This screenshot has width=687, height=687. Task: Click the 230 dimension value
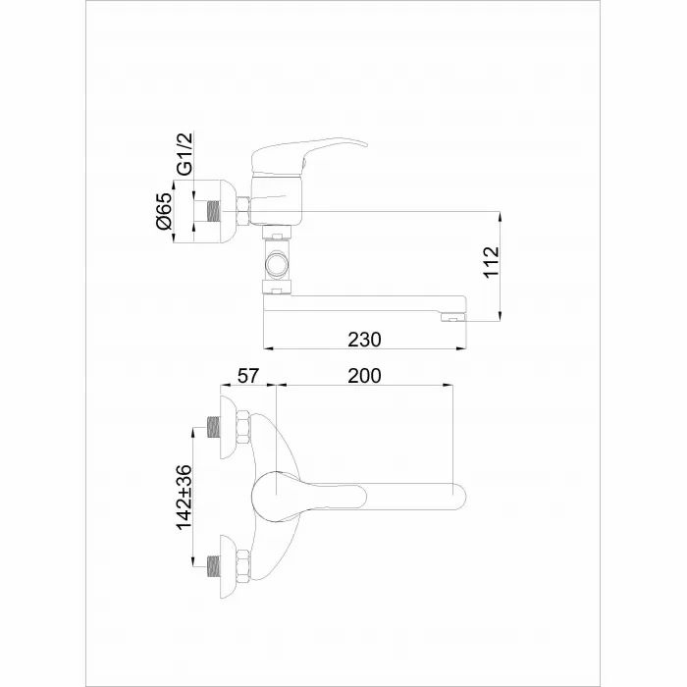[364, 339]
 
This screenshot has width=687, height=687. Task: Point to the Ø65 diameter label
[164, 212]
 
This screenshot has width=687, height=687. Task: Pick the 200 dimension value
[364, 374]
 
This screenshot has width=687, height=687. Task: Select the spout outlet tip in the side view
[451, 317]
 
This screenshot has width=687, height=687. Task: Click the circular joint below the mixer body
[278, 264]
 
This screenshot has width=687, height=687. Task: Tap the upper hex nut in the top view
[241, 429]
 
